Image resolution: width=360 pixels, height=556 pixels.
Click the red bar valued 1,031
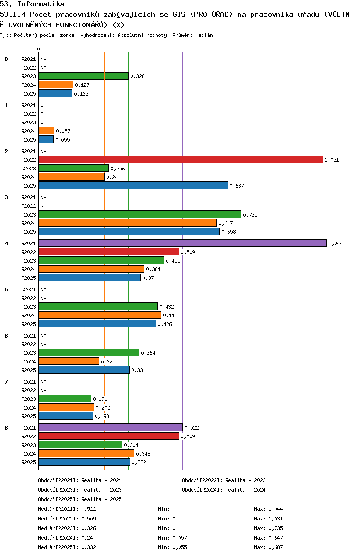tap(181, 159)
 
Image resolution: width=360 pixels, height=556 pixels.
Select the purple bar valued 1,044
tap(183, 243)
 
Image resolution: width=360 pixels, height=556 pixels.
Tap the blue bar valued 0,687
tap(133, 185)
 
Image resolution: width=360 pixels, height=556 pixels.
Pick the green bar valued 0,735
tap(140, 214)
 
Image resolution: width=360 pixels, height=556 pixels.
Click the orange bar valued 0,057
tap(47, 131)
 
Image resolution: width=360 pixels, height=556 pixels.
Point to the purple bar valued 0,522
tap(111, 427)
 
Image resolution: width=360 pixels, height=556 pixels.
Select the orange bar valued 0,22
tap(69, 361)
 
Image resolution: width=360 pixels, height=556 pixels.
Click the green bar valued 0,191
tap(65, 399)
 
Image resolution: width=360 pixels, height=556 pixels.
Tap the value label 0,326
tap(137, 76)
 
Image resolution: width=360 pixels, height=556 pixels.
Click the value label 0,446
tap(170, 315)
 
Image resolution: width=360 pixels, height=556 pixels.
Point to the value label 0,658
tap(228, 232)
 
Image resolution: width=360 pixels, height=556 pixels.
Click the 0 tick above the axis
tap(38, 49)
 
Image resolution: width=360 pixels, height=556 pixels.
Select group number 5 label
tap(6, 290)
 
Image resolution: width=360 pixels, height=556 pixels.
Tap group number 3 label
tap(6, 197)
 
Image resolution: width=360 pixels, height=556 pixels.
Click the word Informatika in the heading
tap(41, 4)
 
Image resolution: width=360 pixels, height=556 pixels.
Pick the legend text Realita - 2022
tap(244, 480)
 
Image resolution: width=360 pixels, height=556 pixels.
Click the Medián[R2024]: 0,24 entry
tap(66, 538)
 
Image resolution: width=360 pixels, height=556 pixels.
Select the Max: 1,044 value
tap(268, 509)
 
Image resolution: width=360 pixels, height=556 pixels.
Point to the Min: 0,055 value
tap(172, 547)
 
